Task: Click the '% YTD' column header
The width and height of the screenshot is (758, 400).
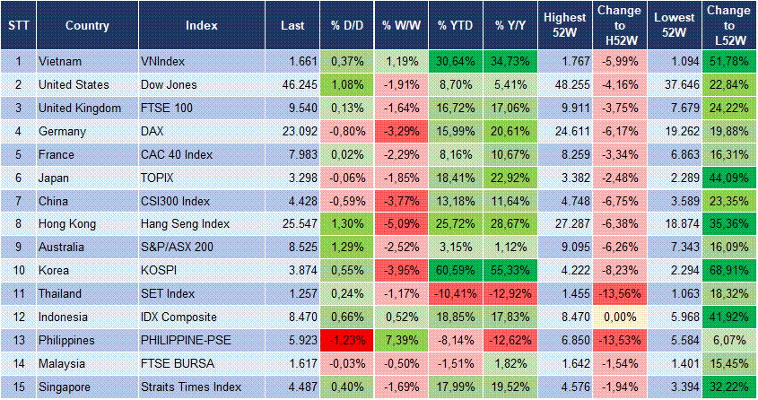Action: click(x=455, y=25)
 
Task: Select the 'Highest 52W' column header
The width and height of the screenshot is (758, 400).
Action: click(x=564, y=25)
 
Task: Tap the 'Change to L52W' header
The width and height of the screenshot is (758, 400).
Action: click(x=728, y=25)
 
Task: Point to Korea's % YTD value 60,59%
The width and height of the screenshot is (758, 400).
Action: click(x=455, y=271)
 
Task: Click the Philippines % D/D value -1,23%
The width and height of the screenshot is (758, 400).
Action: click(x=345, y=341)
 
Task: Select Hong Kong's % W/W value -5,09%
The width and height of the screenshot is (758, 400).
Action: click(x=400, y=224)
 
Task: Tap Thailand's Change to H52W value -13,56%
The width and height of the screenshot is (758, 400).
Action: click(x=619, y=294)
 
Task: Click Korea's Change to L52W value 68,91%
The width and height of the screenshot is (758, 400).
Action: click(x=728, y=271)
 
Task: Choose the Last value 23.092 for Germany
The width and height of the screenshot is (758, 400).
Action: click(x=289, y=131)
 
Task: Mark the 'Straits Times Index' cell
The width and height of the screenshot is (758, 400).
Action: click(x=191, y=387)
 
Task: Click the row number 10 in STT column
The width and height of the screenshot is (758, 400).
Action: click(x=17, y=271)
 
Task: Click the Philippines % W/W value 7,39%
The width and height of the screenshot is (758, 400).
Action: click(x=400, y=341)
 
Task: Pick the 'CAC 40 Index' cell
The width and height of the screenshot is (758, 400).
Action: click(x=177, y=154)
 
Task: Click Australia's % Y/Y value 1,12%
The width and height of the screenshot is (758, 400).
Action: click(x=511, y=248)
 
